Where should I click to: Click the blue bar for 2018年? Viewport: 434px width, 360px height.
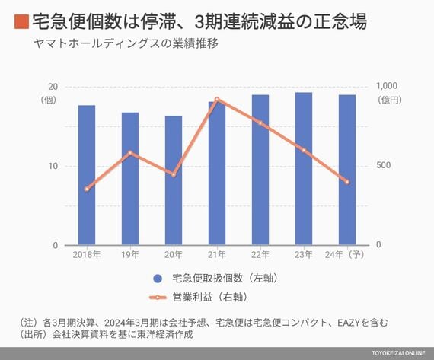pyautogui.click(x=87, y=175)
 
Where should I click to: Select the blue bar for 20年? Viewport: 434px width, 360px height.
pyautogui.click(x=174, y=180)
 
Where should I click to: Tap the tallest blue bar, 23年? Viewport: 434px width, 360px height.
pyautogui.click(x=304, y=169)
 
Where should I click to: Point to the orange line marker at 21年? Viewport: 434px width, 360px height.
pyautogui.click(x=217, y=100)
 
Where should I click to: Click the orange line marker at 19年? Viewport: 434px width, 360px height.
pyautogui.click(x=130, y=152)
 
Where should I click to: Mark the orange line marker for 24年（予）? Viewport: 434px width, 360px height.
pyautogui.click(x=347, y=182)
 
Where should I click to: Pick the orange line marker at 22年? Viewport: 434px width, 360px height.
pyautogui.click(x=260, y=123)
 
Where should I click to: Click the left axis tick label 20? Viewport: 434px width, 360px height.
pyautogui.click(x=53, y=87)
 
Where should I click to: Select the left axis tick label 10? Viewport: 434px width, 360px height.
pyautogui.click(x=53, y=166)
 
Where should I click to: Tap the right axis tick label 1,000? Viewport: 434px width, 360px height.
pyautogui.click(x=386, y=86)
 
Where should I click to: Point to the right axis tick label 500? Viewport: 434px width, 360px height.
pyautogui.click(x=384, y=165)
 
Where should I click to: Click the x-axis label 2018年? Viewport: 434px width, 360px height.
pyautogui.click(x=87, y=254)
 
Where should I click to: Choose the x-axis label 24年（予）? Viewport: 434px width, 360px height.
pyautogui.click(x=345, y=254)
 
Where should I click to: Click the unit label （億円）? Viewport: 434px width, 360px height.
pyautogui.click(x=390, y=100)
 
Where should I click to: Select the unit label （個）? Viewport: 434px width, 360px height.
pyautogui.click(x=48, y=100)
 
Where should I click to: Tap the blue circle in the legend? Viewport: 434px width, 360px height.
pyautogui.click(x=158, y=279)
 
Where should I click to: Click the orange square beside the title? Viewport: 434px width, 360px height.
pyautogui.click(x=21, y=22)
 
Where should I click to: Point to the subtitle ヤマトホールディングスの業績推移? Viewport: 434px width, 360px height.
pyautogui.click(x=126, y=43)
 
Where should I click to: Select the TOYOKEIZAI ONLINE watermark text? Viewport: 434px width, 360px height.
pyautogui.click(x=398, y=353)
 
